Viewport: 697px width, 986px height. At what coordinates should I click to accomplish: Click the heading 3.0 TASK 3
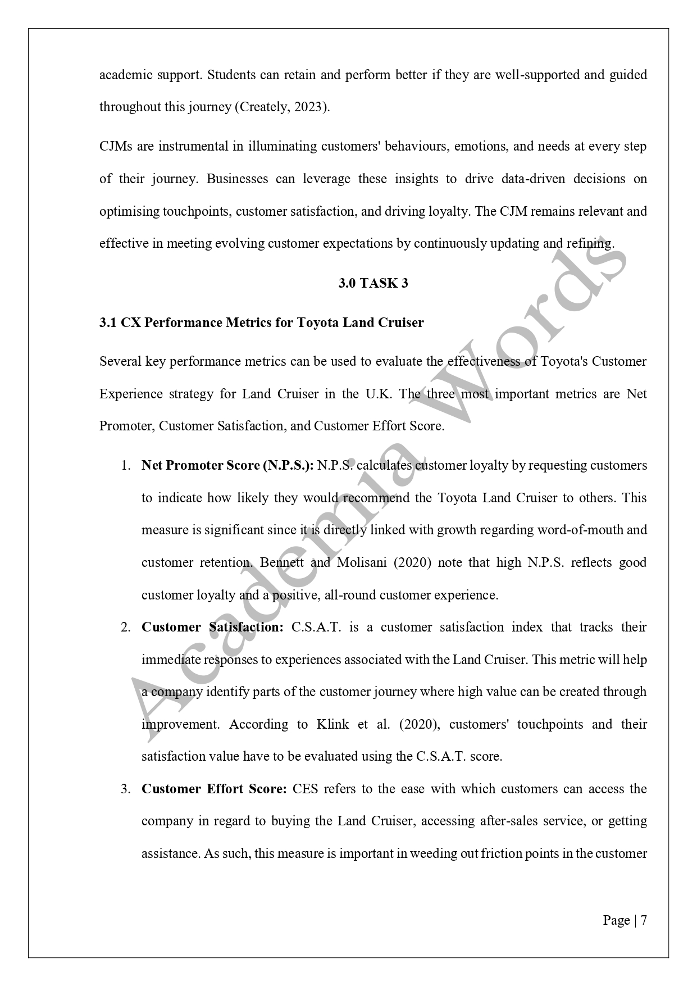[x=373, y=283]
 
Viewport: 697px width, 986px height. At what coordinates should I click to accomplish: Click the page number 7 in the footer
[x=644, y=920]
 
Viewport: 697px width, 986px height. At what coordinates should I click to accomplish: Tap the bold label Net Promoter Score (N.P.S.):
[x=227, y=465]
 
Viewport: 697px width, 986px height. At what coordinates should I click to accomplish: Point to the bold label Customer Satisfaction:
[x=212, y=627]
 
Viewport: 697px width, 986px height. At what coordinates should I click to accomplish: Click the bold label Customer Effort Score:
[x=214, y=789]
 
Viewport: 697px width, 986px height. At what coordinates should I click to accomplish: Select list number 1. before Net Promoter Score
[x=126, y=466]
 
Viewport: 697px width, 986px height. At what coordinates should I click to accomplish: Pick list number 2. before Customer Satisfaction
[x=126, y=628]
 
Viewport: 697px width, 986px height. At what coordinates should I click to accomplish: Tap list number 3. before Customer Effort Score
[x=126, y=789]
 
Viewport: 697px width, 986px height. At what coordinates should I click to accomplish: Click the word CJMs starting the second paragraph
[x=116, y=147]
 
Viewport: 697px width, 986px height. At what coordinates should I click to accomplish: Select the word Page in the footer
[x=616, y=920]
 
